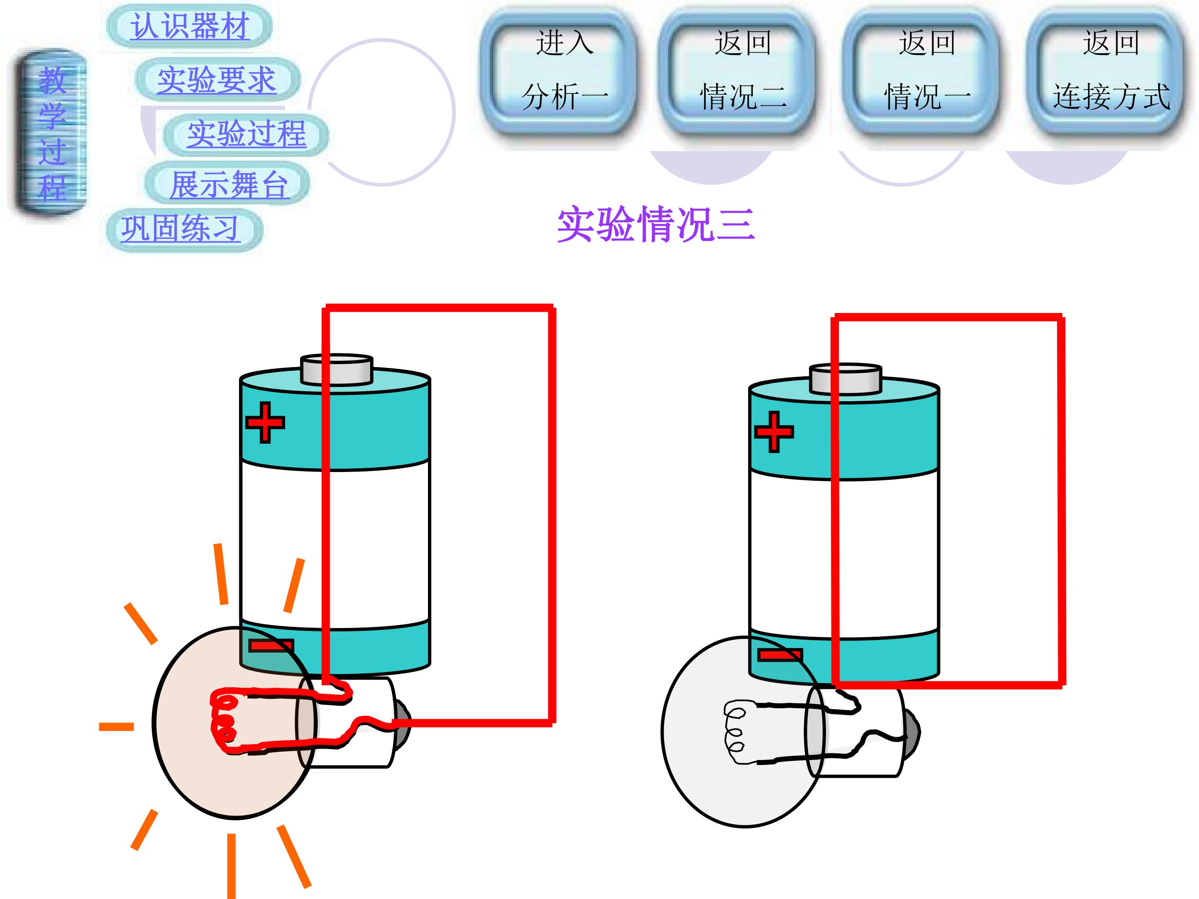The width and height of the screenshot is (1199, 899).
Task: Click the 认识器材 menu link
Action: pyautogui.click(x=189, y=25)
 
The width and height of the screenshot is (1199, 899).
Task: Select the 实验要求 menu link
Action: pyautogui.click(x=217, y=79)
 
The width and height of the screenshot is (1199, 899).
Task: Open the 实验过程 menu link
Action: pyautogui.click(x=246, y=134)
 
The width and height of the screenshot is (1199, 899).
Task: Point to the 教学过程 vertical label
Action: pyautogui.click(x=52, y=134)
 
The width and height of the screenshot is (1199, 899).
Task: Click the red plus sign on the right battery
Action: pyautogui.click(x=774, y=431)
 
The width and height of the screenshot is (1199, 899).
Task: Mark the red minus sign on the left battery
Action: pyautogui.click(x=271, y=646)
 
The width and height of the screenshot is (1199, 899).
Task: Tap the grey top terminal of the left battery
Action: pyautogui.click(x=337, y=370)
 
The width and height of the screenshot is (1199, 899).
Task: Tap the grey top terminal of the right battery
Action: pyautogui.click(x=846, y=379)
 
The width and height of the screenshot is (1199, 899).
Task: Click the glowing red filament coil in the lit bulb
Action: pyautogui.click(x=225, y=721)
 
